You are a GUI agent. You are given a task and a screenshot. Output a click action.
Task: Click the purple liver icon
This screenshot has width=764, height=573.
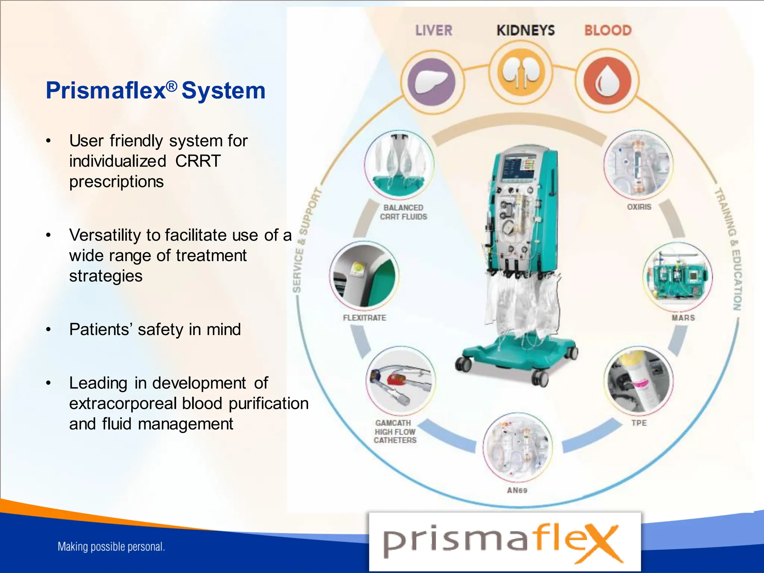click(x=432, y=81)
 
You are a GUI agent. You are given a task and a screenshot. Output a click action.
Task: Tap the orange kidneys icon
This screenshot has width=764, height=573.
click(x=521, y=72)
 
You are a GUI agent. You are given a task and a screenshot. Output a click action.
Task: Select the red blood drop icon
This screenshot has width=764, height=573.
click(x=607, y=81)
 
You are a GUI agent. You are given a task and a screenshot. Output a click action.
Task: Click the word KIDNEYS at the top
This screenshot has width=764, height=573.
click(x=525, y=31)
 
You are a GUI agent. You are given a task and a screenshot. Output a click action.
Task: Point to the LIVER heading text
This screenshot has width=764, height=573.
click(x=434, y=31)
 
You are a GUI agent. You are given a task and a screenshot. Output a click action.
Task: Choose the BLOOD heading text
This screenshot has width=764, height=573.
click(x=608, y=31)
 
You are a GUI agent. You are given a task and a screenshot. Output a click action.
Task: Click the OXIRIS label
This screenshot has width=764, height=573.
click(x=639, y=207)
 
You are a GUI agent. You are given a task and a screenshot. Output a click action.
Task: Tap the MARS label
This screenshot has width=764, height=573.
click(x=683, y=318)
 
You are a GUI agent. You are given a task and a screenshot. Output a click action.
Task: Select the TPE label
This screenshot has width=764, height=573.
click(x=639, y=423)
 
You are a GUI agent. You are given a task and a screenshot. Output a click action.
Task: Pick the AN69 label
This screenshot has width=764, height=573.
click(x=517, y=491)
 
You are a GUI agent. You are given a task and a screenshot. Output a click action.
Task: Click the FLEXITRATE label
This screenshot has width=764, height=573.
click(x=364, y=318)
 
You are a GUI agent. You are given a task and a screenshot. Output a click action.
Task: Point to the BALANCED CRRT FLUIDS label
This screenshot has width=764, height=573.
click(x=403, y=212)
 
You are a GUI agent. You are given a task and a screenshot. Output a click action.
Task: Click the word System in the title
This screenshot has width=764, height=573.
click(x=223, y=91)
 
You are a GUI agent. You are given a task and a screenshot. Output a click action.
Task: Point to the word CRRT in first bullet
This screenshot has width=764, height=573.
click(x=198, y=161)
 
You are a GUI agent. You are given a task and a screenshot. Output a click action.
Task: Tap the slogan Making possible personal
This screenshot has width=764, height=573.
click(x=111, y=547)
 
